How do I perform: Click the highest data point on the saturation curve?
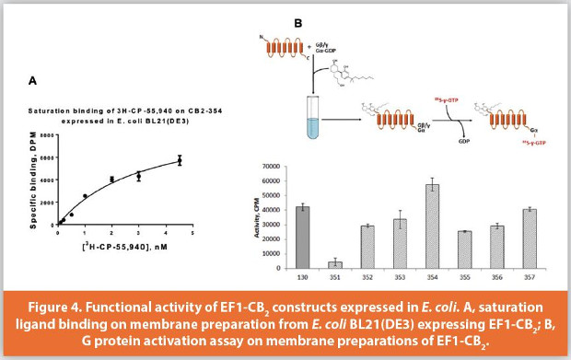pyautogui.click(x=180, y=160)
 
